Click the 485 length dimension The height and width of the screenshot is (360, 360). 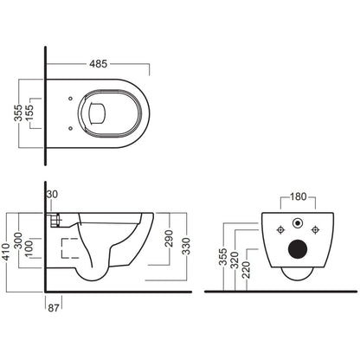[98, 64]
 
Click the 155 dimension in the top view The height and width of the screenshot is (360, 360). [29, 112]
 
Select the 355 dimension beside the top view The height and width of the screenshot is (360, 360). [18, 112]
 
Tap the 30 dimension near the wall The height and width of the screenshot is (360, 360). [52, 195]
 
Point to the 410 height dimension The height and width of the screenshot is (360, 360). [5, 252]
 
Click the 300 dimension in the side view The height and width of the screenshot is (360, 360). [18, 241]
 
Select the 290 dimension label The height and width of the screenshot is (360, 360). [169, 238]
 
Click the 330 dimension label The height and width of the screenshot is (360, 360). [186, 246]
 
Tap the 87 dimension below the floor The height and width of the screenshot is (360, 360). [54, 308]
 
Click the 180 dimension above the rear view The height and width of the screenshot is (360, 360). [298, 196]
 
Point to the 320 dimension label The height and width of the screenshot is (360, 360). [235, 260]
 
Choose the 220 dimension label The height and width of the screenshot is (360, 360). [246, 270]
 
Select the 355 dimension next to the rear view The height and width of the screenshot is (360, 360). [223, 257]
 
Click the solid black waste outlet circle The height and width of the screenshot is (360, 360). [298, 249]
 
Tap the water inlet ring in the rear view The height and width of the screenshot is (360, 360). [298, 223]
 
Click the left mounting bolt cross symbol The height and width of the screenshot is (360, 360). [280, 230]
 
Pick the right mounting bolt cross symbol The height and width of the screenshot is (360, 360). [315, 230]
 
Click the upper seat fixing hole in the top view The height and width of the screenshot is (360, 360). [70, 99]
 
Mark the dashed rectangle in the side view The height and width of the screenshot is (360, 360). [70, 248]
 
